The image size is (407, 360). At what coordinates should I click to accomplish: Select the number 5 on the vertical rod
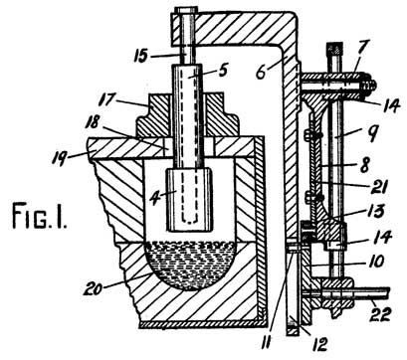[196, 72]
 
